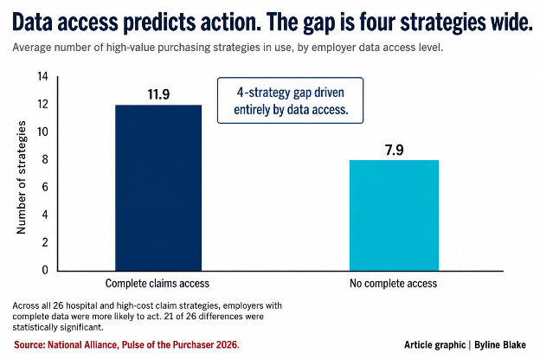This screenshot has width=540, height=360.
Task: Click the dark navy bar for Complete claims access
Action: click(158, 188)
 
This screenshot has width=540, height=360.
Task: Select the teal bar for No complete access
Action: click(394, 215)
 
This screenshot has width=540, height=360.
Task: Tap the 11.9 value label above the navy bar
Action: click(158, 94)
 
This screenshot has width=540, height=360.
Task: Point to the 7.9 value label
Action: click(394, 151)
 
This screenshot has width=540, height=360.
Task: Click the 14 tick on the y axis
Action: click(43, 76)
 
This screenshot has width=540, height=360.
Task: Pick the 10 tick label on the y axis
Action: click(43, 132)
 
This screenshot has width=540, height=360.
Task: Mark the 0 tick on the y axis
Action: click(45, 270)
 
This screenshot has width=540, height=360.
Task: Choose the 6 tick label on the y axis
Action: click(45, 187)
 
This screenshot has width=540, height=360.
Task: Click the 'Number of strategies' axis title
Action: click(22, 177)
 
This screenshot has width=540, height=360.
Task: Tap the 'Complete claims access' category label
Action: click(157, 284)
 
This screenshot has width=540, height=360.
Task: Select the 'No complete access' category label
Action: click(393, 284)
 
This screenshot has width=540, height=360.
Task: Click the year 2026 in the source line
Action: click(228, 344)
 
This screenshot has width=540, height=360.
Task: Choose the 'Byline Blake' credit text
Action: click(500, 344)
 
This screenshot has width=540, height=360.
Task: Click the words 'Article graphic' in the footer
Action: click(435, 344)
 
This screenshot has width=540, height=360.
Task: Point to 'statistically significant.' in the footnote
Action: click(58, 327)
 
